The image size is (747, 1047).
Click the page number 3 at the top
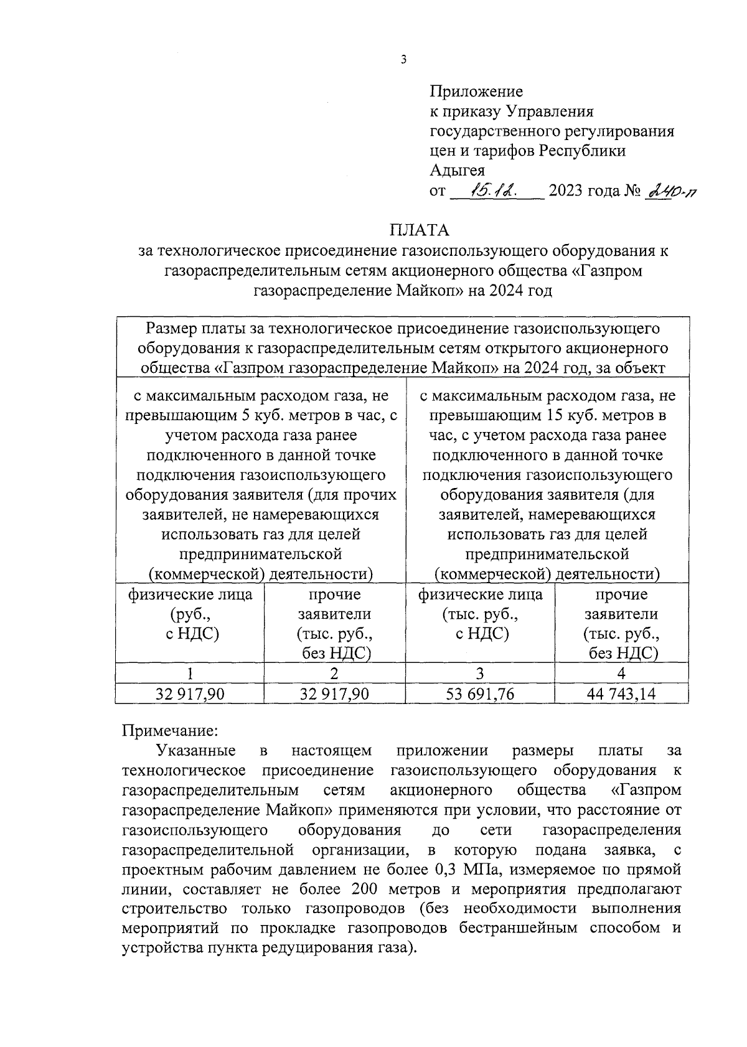[403, 60]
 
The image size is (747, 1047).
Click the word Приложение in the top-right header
[476, 92]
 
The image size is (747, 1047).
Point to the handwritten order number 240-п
[670, 191]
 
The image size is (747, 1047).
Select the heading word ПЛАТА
[419, 230]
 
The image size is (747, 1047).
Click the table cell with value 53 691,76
[480, 694]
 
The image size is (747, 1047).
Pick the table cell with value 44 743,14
[621, 694]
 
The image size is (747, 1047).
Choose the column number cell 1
[190, 674]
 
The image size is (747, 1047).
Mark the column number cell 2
[334, 674]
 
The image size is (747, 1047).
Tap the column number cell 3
[479, 674]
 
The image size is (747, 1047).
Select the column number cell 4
[621, 674]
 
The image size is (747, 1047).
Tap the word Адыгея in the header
[458, 170]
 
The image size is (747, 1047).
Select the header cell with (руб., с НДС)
[190, 624]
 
